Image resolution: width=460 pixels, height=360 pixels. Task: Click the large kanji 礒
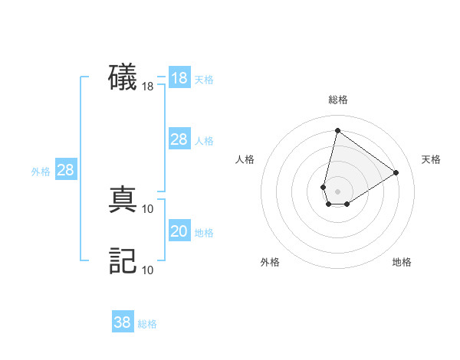(123, 78)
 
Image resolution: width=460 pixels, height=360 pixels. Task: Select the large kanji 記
(123, 260)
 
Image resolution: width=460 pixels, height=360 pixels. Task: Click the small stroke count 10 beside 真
(148, 208)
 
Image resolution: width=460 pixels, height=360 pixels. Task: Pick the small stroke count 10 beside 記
(148, 270)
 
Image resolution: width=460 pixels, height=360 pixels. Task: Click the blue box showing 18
(179, 78)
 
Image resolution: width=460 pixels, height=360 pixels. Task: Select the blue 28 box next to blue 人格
(179, 139)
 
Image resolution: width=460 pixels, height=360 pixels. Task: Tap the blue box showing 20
(179, 231)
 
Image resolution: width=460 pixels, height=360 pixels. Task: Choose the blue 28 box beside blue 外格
(65, 170)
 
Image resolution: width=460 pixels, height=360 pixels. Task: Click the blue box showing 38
(123, 322)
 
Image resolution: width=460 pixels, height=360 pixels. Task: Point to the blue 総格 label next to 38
(147, 324)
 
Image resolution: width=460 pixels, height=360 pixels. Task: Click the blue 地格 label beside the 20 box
(204, 233)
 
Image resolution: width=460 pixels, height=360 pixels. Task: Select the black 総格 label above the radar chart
(337, 100)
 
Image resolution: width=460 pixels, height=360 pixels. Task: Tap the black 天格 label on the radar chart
(431, 159)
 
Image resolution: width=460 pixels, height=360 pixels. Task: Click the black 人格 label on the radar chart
(245, 159)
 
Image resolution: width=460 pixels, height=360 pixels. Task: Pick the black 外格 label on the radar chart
(270, 262)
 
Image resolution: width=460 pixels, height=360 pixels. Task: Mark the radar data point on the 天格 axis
(396, 172)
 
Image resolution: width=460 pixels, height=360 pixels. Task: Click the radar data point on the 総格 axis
(337, 130)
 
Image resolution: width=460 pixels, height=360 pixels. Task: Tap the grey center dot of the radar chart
(337, 191)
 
